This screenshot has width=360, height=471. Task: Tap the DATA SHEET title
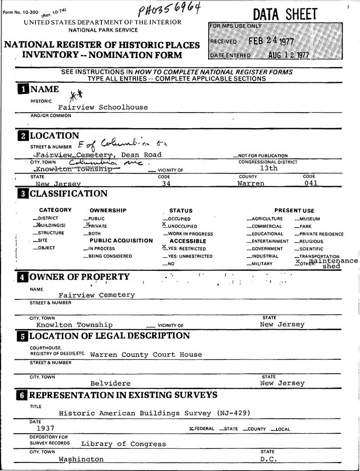pos(285,15)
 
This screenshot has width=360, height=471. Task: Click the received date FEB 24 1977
pos(271,41)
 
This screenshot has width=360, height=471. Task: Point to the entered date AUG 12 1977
pos(288,55)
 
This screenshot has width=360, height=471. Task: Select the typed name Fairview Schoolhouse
pos(103,107)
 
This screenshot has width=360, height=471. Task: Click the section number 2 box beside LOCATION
pos(23,136)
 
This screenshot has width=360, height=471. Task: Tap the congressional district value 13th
pos(269,168)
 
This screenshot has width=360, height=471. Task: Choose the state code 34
pos(165,184)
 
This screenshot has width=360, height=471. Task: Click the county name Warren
pos(251,183)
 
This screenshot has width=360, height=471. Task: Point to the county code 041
pos(311,183)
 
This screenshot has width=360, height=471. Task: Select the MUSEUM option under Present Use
pos(309,219)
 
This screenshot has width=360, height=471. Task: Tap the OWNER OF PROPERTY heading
pos(79,277)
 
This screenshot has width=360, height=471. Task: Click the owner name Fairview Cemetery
pos(97,295)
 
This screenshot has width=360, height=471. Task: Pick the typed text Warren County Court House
pos(146,355)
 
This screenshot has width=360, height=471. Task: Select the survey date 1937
pos(45,428)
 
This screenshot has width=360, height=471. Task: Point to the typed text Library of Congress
pos(123,444)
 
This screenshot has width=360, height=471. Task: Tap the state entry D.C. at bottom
pos(269,459)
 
